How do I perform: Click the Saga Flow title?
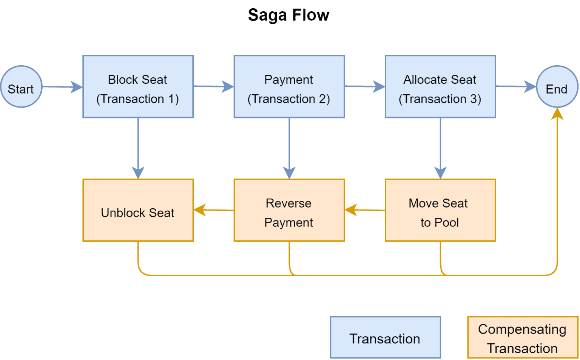[288, 15]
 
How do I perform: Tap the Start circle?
[21, 87]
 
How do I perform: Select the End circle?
[557, 87]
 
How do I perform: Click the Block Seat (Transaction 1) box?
[138, 87]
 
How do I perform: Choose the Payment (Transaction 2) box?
[289, 87]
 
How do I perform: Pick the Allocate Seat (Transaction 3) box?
[440, 87]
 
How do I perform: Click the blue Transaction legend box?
[385, 337]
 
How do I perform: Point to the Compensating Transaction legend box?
[523, 337]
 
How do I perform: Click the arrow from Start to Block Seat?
[62, 87]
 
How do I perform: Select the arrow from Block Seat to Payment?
[213, 86]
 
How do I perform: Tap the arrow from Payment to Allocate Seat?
[364, 86]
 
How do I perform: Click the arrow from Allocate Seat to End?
[515, 86]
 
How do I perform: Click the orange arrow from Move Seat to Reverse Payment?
[365, 210]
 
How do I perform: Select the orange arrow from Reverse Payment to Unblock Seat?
[214, 210]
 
